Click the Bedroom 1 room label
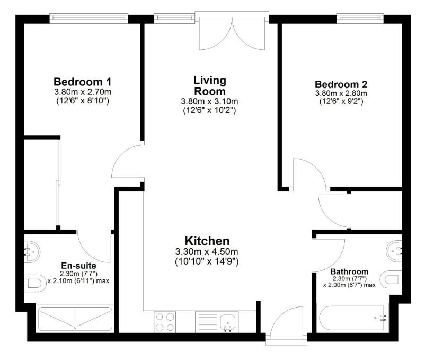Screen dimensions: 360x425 click(82, 82)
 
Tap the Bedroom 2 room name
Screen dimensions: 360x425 click(341, 84)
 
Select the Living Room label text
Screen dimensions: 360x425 click(210, 85)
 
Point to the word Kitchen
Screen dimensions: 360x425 click(207, 240)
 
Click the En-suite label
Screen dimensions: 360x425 click(78, 265)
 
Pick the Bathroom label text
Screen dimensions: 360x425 click(350, 271)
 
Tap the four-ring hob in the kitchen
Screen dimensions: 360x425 click(165, 322)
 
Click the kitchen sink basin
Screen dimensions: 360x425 click(228, 321)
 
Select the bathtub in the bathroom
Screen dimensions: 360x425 click(352, 318)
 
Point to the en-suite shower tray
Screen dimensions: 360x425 click(75, 319)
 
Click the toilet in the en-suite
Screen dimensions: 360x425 click(34, 283)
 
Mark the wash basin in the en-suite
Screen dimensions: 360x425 click(31, 248)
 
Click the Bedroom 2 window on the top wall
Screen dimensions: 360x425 click(360, 17)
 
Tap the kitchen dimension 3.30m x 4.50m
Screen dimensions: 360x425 click(207, 251)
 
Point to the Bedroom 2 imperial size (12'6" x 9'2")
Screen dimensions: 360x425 click(341, 102)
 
